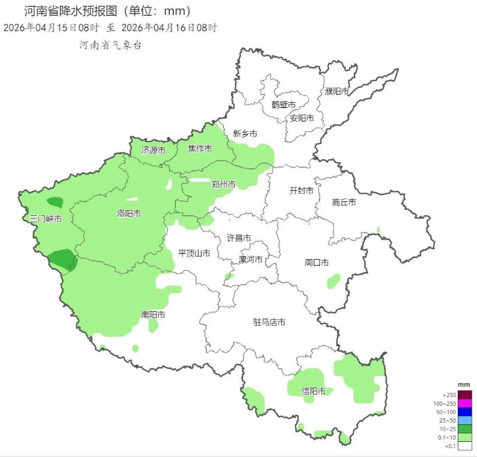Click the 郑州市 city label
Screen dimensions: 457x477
click(x=223, y=184)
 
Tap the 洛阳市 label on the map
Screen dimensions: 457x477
click(x=129, y=214)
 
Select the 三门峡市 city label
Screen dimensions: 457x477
click(x=46, y=219)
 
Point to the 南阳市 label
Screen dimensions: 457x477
click(x=153, y=315)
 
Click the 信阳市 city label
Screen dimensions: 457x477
click(x=313, y=391)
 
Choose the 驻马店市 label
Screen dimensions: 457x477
click(x=269, y=322)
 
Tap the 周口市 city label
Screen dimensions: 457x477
click(x=317, y=263)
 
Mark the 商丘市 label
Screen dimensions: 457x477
click(x=344, y=203)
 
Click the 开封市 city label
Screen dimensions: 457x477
click(x=301, y=191)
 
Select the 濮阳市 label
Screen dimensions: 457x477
click(x=337, y=91)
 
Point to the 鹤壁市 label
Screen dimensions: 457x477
click(x=283, y=104)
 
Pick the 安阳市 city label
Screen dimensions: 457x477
click(x=302, y=118)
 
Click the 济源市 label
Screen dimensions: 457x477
click(x=153, y=151)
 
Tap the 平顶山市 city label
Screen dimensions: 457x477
click(x=194, y=253)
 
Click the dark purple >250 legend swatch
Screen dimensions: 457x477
click(x=464, y=395)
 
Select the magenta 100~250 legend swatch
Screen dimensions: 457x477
click(x=464, y=403)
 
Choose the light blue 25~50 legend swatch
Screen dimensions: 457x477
click(x=464, y=420)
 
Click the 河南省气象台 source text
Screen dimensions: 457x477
click(x=111, y=45)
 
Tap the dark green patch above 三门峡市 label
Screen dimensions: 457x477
click(x=55, y=203)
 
